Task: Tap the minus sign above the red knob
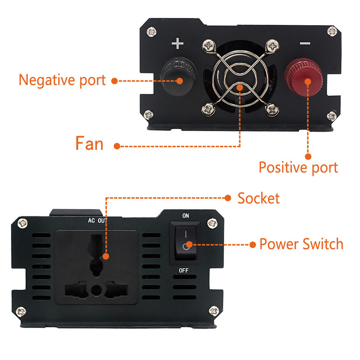(305, 43)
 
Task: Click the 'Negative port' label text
(62, 80)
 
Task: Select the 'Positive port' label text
(298, 167)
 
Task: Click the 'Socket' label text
(259, 198)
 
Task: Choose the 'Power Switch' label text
(301, 244)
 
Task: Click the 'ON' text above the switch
(185, 216)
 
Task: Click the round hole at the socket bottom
(96, 290)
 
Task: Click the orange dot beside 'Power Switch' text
(252, 244)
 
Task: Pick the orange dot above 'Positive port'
(308, 157)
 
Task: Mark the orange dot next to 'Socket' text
(228, 198)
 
